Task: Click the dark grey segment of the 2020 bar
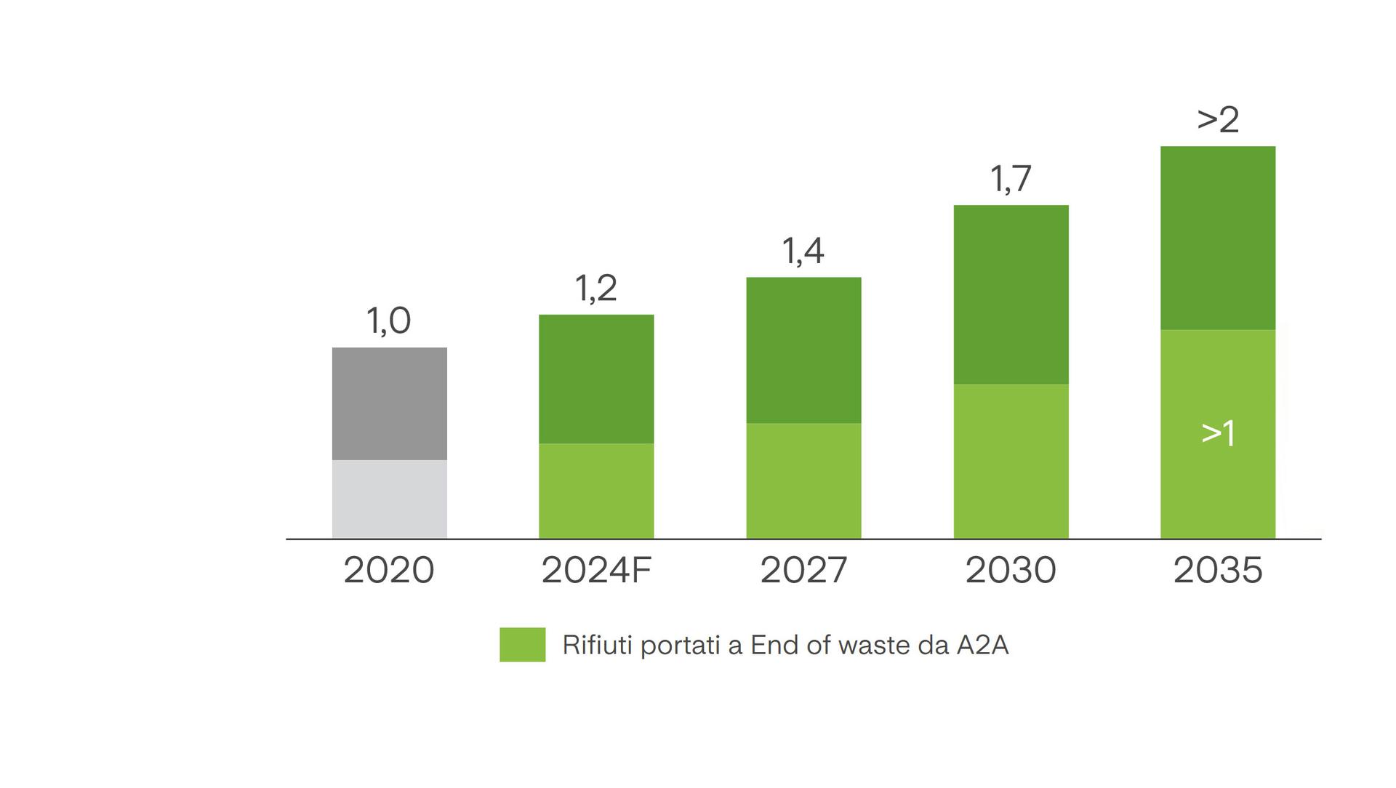click(389, 403)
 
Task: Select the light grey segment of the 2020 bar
click(389, 499)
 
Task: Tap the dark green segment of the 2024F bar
click(595, 379)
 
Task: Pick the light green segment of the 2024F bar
click(595, 491)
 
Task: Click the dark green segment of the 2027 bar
click(803, 350)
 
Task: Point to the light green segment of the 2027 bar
click(803, 481)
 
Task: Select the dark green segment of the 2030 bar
click(1011, 294)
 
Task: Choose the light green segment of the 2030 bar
click(1011, 461)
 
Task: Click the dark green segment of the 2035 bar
click(1217, 238)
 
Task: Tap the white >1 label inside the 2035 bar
click(1218, 433)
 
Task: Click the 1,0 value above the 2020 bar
click(388, 321)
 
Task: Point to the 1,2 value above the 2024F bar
click(595, 288)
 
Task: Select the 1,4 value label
click(803, 251)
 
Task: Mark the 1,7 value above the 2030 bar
click(1011, 179)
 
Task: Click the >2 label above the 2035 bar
click(1218, 119)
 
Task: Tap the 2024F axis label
click(595, 570)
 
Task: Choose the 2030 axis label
click(1011, 570)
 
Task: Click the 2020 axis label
click(388, 570)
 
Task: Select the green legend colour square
click(522, 645)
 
